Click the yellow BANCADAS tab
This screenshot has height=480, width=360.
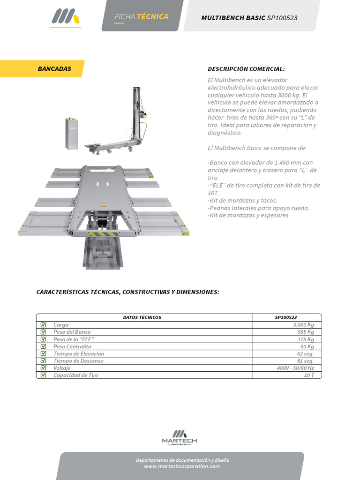click(54, 69)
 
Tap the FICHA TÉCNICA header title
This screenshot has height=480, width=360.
click(142, 17)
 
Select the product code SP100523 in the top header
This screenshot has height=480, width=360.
click(282, 18)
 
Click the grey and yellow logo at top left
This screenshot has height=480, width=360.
click(66, 18)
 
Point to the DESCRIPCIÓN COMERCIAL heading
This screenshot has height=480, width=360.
click(246, 69)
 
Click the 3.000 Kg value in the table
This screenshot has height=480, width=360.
click(303, 324)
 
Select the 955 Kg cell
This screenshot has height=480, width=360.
click(305, 332)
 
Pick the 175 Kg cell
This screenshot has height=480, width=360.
click(305, 339)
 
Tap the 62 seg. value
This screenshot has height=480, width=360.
click(305, 354)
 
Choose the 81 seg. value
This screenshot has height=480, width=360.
click(305, 361)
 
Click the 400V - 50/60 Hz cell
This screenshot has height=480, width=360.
click(295, 368)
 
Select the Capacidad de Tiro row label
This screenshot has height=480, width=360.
click(75, 375)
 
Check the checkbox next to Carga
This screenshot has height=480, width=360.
click(44, 324)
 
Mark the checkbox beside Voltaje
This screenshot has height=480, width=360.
click(44, 368)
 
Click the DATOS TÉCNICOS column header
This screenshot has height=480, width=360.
click(142, 317)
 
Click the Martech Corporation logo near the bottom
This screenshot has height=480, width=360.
click(180, 437)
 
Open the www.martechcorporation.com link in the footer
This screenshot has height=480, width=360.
click(182, 466)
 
